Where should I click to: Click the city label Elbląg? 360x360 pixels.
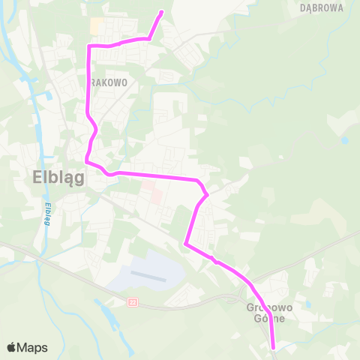(x=58, y=178)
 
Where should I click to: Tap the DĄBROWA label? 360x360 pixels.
(x=321, y=8)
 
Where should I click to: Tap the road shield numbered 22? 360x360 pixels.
(x=133, y=301)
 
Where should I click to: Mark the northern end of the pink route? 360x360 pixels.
(x=162, y=12)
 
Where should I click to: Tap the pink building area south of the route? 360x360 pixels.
(x=155, y=193)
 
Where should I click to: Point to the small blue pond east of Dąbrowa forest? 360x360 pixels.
(x=344, y=139)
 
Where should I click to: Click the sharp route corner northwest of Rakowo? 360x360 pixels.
(x=89, y=46)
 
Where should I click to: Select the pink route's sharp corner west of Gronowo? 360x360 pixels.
(x=185, y=243)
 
